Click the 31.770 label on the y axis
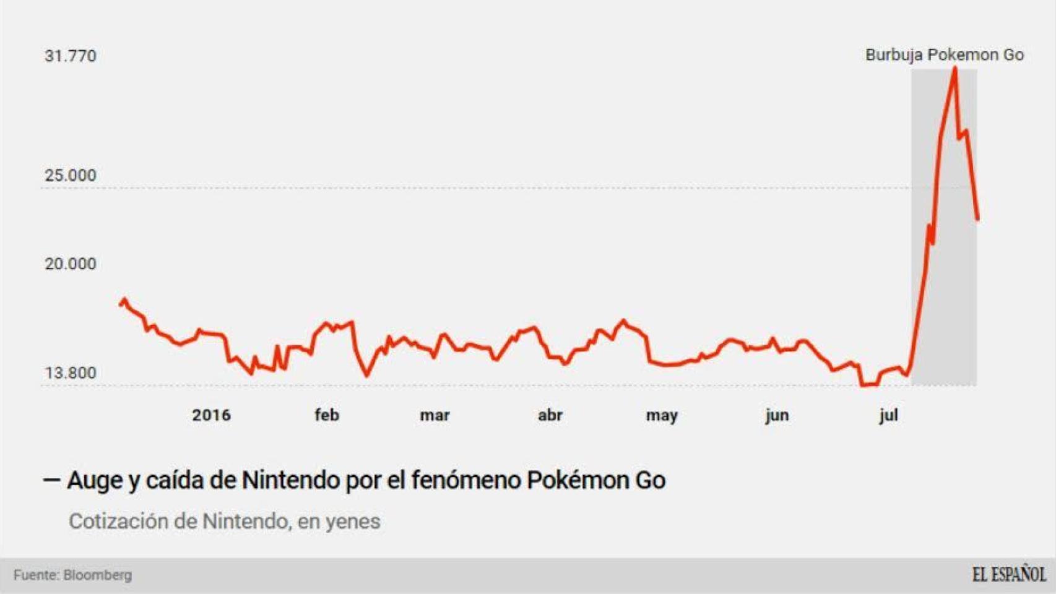(71, 56)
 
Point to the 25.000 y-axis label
(71, 175)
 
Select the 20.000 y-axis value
(71, 264)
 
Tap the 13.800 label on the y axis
(71, 373)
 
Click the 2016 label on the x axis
(211, 415)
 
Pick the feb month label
(327, 415)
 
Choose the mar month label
(435, 415)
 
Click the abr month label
(550, 415)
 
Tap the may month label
(662, 416)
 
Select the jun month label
(777, 416)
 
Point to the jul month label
(889, 416)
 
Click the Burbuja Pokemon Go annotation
(945, 55)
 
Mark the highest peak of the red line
(955, 68)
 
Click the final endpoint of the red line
(977, 219)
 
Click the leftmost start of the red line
(121, 304)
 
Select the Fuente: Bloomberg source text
(72, 575)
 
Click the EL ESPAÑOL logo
(1008, 574)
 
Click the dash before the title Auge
(51, 480)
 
